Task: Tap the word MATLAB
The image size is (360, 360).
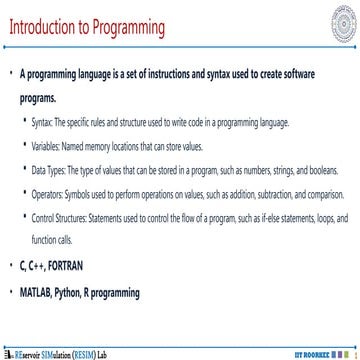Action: pos(40,291)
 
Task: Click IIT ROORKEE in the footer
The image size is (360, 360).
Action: pos(315,354)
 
